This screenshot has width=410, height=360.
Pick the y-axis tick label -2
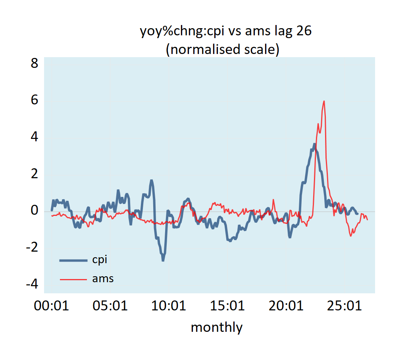(32, 247)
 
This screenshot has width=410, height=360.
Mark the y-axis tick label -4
(32, 284)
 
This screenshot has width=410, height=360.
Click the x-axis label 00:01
(52, 306)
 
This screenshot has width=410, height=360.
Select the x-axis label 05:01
(110, 306)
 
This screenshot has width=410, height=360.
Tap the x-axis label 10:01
(169, 306)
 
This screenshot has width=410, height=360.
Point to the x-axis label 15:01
(227, 306)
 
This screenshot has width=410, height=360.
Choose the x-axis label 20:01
(286, 306)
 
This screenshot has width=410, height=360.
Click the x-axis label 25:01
(345, 306)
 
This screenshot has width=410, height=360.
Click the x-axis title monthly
(216, 327)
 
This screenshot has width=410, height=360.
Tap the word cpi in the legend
(100, 260)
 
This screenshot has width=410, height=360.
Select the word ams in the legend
(103, 279)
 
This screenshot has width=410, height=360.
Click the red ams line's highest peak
(324, 101)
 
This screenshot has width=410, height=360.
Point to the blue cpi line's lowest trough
(163, 260)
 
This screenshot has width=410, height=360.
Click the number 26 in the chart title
(304, 32)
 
